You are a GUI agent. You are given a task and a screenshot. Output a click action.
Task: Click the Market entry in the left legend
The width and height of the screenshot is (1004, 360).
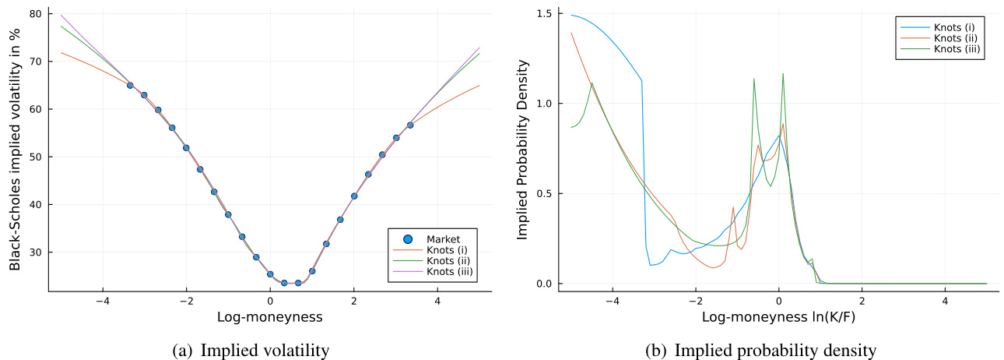pyautogui.click(x=441, y=238)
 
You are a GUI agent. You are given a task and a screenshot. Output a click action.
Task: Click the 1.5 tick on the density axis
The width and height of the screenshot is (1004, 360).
pyautogui.click(x=545, y=14)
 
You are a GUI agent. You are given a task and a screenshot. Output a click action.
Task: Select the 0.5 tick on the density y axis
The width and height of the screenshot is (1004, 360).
pyautogui.click(x=545, y=193)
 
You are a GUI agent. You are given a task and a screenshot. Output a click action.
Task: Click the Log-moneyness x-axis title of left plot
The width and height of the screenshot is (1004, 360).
pyautogui.click(x=270, y=318)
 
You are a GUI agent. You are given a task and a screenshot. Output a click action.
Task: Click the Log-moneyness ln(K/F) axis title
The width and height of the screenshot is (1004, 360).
pyautogui.click(x=778, y=318)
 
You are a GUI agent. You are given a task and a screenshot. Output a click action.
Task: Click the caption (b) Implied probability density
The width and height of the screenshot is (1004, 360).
pyautogui.click(x=760, y=351)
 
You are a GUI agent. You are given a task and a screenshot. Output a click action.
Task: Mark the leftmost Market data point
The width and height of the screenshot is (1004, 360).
pyautogui.click(x=130, y=85)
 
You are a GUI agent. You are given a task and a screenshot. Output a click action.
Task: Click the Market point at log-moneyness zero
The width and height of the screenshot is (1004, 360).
pyautogui.click(x=270, y=274)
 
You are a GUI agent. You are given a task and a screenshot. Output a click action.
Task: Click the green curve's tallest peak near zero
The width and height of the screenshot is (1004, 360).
pyautogui.click(x=783, y=74)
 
